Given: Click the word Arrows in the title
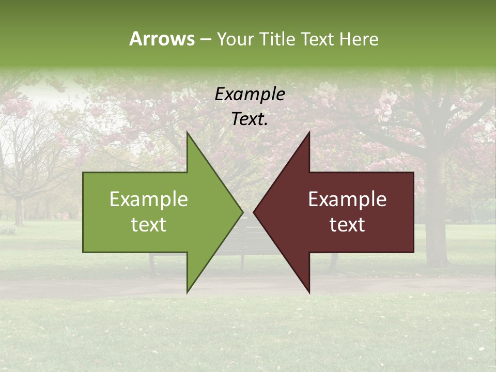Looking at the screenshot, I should point(162,39).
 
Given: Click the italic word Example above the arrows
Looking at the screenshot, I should point(250,95).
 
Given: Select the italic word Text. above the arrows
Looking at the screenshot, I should point(250,119).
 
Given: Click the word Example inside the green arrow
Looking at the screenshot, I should point(149,199).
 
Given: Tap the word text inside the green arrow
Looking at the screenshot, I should point(149,225).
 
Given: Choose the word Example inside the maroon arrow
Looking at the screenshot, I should point(347,199).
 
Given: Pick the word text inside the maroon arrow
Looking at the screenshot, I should point(347,225).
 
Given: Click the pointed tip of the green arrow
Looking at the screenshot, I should point(242,212).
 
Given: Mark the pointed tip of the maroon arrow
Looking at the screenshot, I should point(254,212).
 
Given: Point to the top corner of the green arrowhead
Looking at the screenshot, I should point(187,132).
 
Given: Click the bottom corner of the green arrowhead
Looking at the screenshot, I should point(187,292).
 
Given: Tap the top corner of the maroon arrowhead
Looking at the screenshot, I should point(309,132).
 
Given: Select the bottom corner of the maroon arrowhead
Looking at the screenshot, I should point(309,292).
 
